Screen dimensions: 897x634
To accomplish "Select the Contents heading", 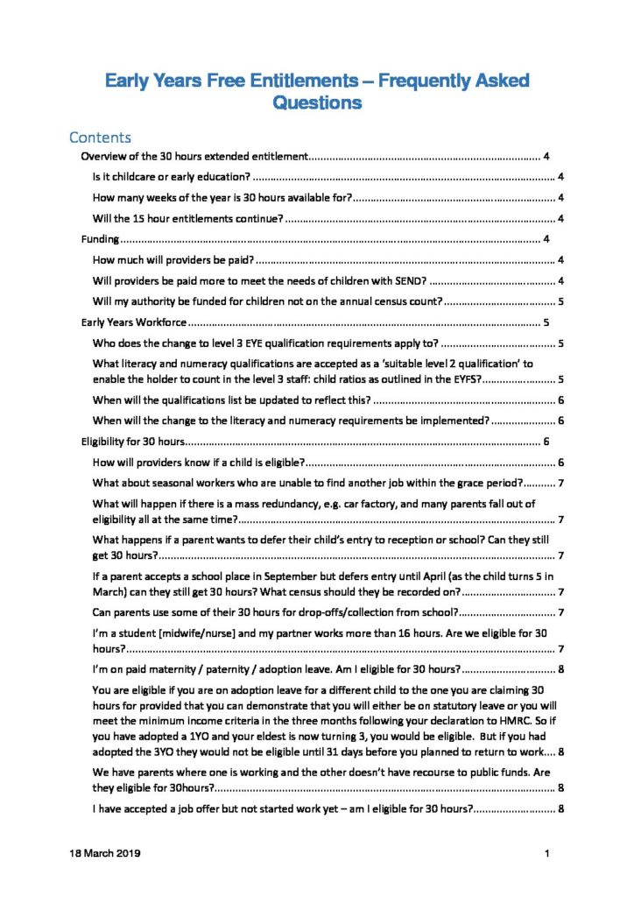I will [x=100, y=138].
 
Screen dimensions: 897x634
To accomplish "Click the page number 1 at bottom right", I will [x=546, y=852].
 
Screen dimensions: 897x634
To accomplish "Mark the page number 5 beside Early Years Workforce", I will [x=546, y=322].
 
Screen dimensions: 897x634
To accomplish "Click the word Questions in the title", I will [x=317, y=103].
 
